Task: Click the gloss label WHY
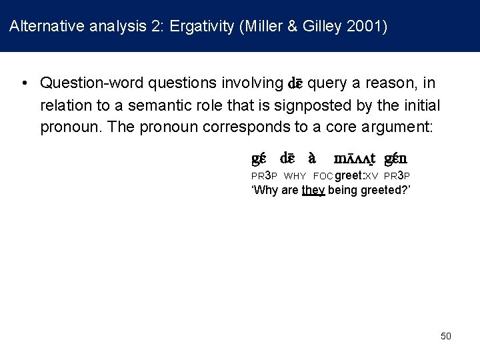295,176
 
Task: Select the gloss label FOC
323,176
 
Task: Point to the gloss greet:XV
356,176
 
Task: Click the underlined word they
313,190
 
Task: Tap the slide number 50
446,336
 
